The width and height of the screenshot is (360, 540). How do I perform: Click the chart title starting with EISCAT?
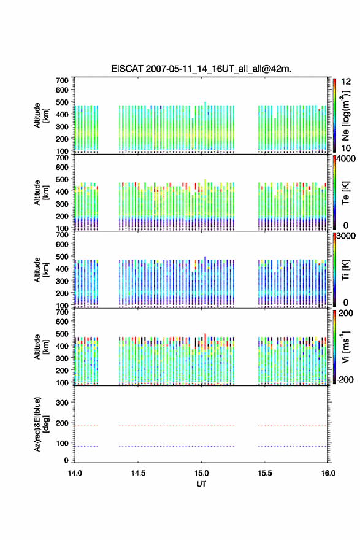[201, 69]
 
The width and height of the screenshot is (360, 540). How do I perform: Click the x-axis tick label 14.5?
[138, 473]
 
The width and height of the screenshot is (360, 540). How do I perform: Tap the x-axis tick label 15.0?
[201, 473]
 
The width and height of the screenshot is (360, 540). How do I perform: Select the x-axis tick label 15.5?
[265, 473]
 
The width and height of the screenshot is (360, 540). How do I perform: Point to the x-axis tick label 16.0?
[328, 473]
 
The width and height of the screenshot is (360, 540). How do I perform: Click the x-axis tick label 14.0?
[75, 473]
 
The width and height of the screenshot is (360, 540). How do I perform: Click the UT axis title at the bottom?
[201, 484]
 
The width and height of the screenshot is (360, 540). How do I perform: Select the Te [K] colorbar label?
[345, 193]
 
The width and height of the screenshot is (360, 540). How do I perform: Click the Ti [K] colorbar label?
[345, 270]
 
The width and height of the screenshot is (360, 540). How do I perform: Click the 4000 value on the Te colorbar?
[346, 159]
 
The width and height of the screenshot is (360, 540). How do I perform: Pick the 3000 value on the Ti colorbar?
[346, 236]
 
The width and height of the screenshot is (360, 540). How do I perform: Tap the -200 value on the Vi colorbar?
[345, 379]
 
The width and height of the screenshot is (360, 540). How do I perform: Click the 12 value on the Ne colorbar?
[346, 82]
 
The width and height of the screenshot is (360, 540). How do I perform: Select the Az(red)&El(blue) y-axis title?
[41, 424]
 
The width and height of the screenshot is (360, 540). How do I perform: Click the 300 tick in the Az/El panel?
[63, 403]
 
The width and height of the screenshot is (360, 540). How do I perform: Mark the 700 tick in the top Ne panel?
[63, 80]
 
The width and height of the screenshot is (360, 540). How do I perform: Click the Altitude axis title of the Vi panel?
[41, 347]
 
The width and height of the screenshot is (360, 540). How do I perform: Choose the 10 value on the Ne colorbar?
[346, 148]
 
